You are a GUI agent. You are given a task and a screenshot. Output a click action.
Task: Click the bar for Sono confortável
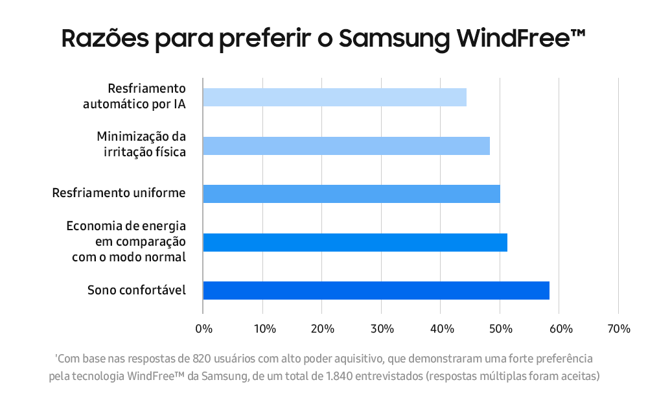click(376, 291)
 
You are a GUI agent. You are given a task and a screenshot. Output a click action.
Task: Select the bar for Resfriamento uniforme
click(351, 193)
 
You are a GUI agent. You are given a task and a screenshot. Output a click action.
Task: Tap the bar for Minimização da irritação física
click(346, 146)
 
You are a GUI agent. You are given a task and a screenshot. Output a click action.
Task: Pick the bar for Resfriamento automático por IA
click(335, 97)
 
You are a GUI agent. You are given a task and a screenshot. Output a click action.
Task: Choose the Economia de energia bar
click(355, 243)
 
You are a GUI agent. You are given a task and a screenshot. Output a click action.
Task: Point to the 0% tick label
click(203, 329)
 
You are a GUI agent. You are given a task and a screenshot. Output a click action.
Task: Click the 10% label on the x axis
click(265, 329)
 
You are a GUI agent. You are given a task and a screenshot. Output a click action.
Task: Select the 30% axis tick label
click(382, 329)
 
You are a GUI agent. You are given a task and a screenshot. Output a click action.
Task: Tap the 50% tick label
click(501, 329)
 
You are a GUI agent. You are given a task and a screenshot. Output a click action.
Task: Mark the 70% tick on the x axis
click(619, 329)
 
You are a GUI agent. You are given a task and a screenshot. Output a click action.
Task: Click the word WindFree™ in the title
click(521, 38)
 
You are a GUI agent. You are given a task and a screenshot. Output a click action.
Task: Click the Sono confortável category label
click(136, 291)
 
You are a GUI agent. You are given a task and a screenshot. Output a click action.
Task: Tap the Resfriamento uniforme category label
click(119, 193)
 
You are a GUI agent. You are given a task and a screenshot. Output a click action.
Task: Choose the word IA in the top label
click(179, 104)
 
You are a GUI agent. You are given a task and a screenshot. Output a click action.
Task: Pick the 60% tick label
click(561, 329)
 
